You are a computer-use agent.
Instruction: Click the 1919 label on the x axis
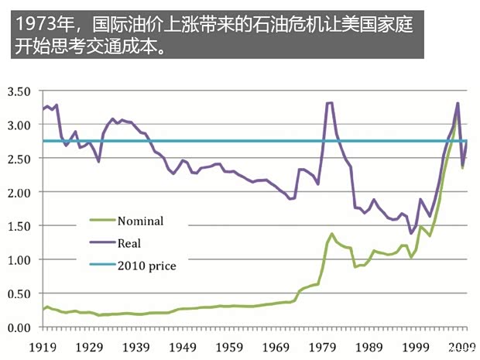(x=44, y=348)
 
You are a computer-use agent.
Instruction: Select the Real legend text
(x=129, y=243)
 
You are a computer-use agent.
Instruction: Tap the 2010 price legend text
(x=146, y=266)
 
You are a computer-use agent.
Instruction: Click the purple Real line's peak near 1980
(x=330, y=103)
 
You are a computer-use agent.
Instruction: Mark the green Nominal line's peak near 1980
(x=332, y=234)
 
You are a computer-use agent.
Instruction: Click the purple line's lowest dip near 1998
(x=410, y=232)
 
